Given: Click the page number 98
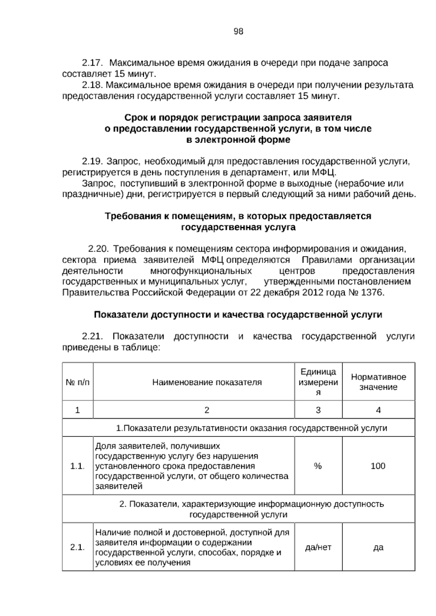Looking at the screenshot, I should tap(238, 32).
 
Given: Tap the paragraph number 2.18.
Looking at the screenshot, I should tap(93, 85).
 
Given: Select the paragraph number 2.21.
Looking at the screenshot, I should tap(93, 336).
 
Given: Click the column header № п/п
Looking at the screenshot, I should tap(77, 382).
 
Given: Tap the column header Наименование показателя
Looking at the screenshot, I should tap(207, 382).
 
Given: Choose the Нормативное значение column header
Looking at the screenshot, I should tap(378, 382).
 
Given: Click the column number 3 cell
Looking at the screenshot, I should tap(318, 410).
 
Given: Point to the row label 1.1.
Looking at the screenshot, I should tap(77, 466).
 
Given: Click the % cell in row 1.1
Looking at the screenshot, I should tap(318, 466).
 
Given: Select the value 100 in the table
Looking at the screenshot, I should tap(378, 466).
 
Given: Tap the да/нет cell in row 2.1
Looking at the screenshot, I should tap(318, 547).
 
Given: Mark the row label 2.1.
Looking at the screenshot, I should tap(77, 547).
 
